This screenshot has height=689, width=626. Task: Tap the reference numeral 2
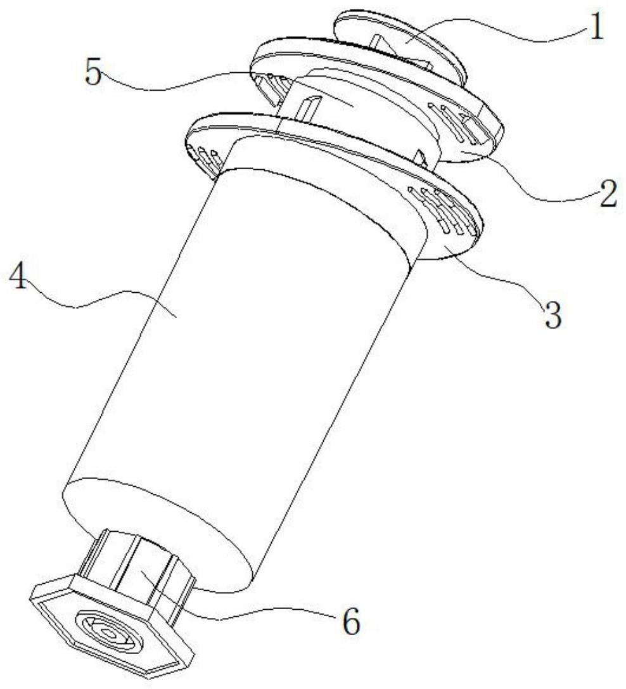click(606, 196)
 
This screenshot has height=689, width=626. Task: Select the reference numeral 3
click(553, 315)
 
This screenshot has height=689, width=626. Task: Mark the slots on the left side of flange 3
click(205, 157)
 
